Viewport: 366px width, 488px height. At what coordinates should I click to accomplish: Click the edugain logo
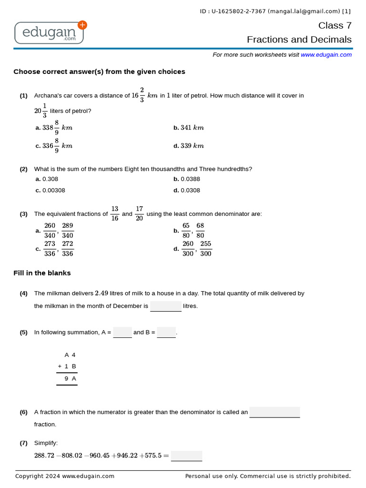coord(49,32)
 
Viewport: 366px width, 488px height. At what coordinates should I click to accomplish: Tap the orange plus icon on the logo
coord(82,25)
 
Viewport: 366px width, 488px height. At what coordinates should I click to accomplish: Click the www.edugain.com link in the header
coord(326,55)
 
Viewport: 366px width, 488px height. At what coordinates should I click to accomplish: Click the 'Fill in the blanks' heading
coord(42,273)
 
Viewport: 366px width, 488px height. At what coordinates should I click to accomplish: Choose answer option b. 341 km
coord(189,128)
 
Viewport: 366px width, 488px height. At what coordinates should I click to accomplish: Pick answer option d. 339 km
coord(189,146)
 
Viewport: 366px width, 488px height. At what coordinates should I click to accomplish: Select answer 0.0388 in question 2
coord(189,179)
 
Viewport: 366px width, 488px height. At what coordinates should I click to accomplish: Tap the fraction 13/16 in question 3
coord(115,213)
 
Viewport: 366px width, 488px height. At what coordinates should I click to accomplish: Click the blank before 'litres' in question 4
coord(165,306)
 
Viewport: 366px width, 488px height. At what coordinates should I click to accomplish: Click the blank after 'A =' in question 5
coord(122,332)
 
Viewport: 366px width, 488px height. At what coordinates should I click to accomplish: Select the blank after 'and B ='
coord(166,332)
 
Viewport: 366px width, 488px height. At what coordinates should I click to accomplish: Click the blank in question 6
coord(274,412)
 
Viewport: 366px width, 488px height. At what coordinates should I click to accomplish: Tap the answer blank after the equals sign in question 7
coord(186,456)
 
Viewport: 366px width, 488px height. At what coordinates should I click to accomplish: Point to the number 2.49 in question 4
coord(102,293)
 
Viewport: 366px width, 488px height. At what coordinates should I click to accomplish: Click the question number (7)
coord(23,443)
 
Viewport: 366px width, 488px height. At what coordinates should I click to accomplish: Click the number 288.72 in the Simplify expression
coord(44,456)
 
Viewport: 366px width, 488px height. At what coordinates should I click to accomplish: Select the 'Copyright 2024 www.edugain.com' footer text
coord(65,476)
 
